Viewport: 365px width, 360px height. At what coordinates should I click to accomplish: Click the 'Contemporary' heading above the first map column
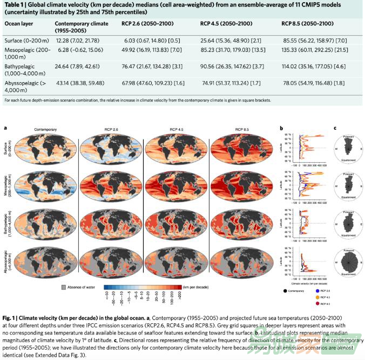(45, 130)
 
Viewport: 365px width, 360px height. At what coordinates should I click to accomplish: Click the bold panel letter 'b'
(282, 128)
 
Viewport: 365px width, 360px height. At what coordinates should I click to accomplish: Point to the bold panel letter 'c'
(335, 128)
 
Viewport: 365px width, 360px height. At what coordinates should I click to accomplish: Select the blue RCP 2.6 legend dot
(315, 290)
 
